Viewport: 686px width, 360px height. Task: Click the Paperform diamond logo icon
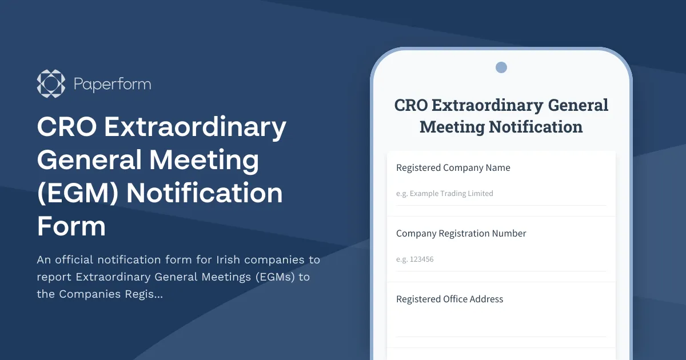click(x=51, y=84)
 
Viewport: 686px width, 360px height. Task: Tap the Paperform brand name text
click(x=112, y=85)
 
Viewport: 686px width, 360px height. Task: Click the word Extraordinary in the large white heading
click(x=195, y=127)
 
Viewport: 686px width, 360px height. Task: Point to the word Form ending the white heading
click(x=71, y=226)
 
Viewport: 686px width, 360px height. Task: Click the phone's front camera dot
click(x=501, y=67)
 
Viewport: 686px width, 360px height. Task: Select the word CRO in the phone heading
click(x=411, y=105)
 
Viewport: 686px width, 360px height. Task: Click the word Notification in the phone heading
click(x=536, y=127)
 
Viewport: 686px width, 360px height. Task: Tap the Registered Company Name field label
click(x=453, y=168)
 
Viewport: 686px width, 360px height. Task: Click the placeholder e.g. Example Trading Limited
click(x=444, y=194)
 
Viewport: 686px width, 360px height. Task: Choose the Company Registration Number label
click(x=461, y=234)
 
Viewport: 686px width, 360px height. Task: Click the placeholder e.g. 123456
click(x=414, y=259)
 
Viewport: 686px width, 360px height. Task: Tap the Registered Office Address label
click(x=449, y=299)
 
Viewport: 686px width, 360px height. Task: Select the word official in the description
click(x=74, y=259)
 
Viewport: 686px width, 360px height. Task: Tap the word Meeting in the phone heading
click(x=452, y=127)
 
